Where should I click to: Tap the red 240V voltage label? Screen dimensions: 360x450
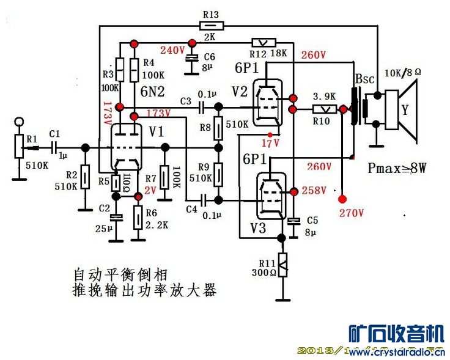[x=172, y=50]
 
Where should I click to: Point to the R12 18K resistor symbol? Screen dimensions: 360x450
[x=264, y=42]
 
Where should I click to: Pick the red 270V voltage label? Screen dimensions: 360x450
[x=351, y=213]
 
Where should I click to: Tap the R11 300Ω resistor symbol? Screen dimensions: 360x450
[x=282, y=265]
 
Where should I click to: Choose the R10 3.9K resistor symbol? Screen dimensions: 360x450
[x=322, y=109]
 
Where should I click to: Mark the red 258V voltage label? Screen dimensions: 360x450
[x=314, y=190]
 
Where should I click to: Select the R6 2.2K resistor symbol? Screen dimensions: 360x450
[x=139, y=216]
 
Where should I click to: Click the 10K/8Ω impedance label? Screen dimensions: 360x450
[x=403, y=73]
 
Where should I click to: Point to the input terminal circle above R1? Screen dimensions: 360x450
[x=19, y=121]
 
